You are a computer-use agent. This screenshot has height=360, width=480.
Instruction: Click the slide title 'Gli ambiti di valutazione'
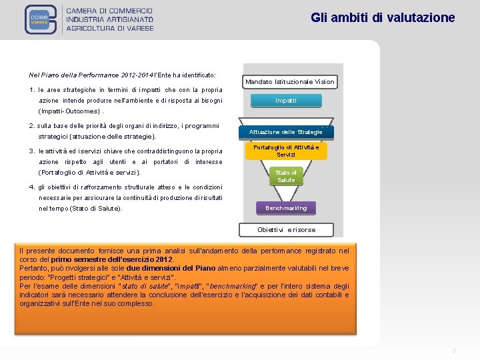(383, 18)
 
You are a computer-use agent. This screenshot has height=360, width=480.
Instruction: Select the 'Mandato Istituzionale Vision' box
(290, 82)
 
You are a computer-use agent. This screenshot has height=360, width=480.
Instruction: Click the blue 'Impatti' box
(286, 101)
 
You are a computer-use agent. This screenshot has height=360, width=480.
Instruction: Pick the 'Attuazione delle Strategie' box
(286, 132)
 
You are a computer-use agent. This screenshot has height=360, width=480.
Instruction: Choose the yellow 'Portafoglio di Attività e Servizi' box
(286, 151)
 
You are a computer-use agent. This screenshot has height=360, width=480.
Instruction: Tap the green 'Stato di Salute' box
(286, 177)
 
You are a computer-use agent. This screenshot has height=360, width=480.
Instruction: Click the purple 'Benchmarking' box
(286, 208)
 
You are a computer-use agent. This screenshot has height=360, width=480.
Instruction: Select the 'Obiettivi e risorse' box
(287, 230)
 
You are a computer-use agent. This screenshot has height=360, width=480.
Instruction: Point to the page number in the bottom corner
(453, 351)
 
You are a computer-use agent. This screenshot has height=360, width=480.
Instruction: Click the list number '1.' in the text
(33, 90)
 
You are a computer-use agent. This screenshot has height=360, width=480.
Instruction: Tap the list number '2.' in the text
(33, 126)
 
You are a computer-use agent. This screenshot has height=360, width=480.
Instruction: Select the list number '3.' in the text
(33, 151)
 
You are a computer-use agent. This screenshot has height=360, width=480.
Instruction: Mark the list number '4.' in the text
(33, 187)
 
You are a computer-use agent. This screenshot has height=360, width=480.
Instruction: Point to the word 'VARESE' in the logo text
(136, 28)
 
